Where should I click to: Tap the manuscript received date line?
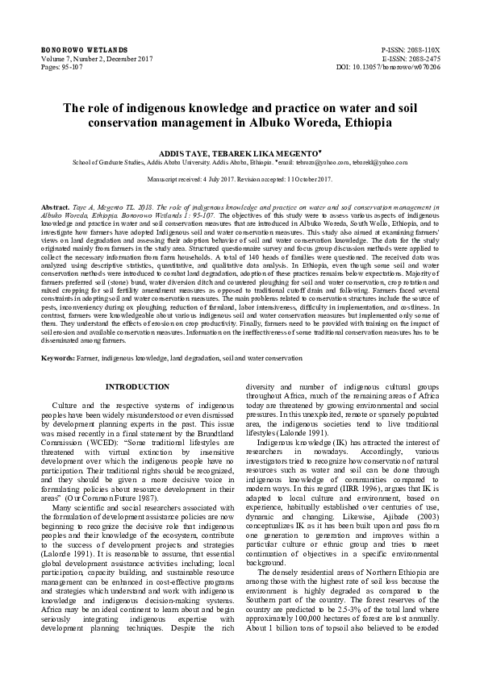[240, 178]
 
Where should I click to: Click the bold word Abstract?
[55, 208]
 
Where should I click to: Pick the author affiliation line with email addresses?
[240, 162]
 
